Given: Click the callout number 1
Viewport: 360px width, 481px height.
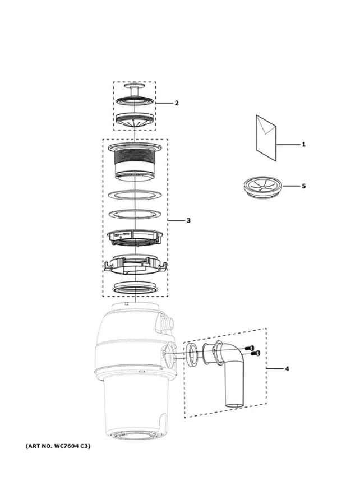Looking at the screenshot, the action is coord(303,144).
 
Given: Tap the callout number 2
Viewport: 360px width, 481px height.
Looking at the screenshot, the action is coord(177,103).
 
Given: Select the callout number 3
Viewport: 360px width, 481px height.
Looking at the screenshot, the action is coord(188,220).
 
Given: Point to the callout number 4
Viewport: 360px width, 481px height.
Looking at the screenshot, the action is coord(287,369).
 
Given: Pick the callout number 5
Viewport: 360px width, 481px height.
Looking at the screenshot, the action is coord(303,186).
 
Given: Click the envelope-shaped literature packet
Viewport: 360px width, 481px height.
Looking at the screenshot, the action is coord(266,138).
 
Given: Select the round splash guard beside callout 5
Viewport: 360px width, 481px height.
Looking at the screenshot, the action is coord(263,187).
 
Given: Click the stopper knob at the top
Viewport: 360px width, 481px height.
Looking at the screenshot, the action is coord(135,89).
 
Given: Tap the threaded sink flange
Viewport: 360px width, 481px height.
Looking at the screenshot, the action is coord(135,161).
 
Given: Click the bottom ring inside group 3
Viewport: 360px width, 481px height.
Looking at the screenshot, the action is coord(135,288).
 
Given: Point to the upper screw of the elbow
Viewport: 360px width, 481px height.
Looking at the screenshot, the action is coord(250,348).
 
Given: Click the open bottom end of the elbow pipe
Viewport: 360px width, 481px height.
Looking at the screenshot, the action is coord(235,405).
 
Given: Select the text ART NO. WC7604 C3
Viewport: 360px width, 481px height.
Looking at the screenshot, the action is coord(58,446).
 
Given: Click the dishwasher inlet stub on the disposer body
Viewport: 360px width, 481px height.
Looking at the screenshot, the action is coord(167,323).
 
